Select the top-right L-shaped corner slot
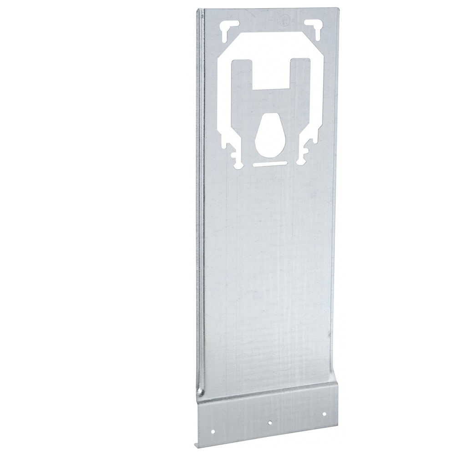tap(314, 25)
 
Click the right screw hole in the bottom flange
tap(324, 414)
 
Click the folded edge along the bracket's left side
tap(199, 205)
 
